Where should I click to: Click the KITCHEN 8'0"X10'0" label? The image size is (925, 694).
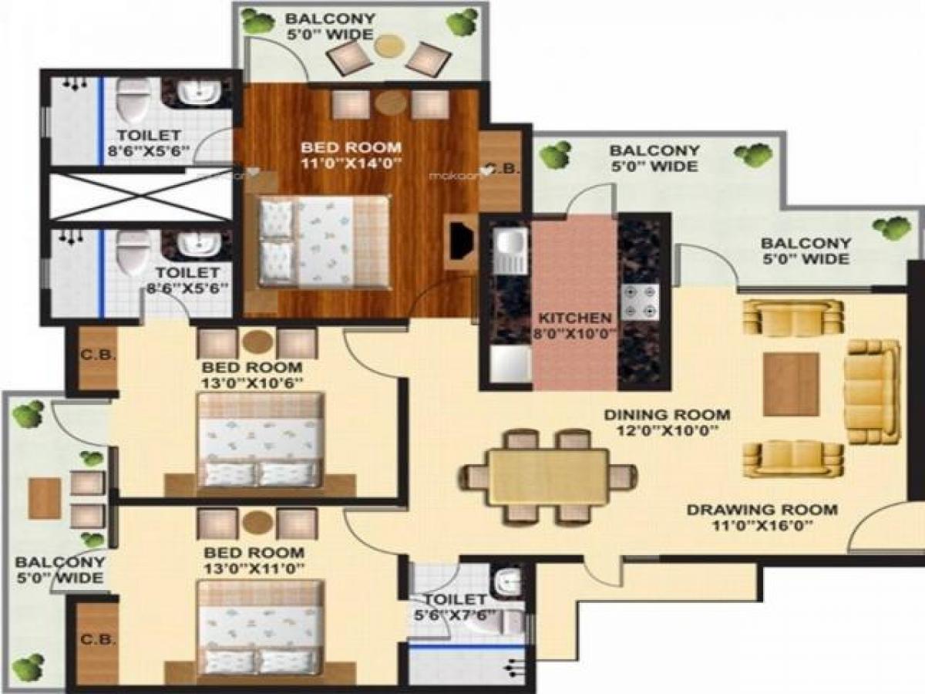575,325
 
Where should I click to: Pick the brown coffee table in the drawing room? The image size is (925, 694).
791,385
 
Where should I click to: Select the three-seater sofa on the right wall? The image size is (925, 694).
872,391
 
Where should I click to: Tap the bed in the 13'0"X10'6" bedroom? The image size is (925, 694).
260,440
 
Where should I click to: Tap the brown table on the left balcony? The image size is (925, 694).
45,497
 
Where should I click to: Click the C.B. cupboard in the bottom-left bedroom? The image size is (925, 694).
97,640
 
